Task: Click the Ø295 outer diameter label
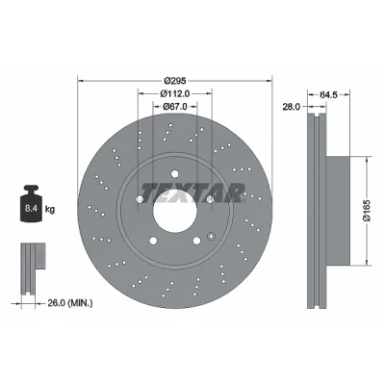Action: click(x=175, y=80)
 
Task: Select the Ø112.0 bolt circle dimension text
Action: click(x=175, y=93)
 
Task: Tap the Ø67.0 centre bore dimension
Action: click(x=175, y=106)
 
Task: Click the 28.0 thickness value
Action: click(x=292, y=107)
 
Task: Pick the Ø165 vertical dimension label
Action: click(x=368, y=210)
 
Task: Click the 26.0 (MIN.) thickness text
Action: click(x=70, y=302)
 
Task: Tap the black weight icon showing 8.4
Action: click(x=31, y=203)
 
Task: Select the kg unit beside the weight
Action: click(x=50, y=210)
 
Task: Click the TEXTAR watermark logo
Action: click(x=192, y=192)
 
